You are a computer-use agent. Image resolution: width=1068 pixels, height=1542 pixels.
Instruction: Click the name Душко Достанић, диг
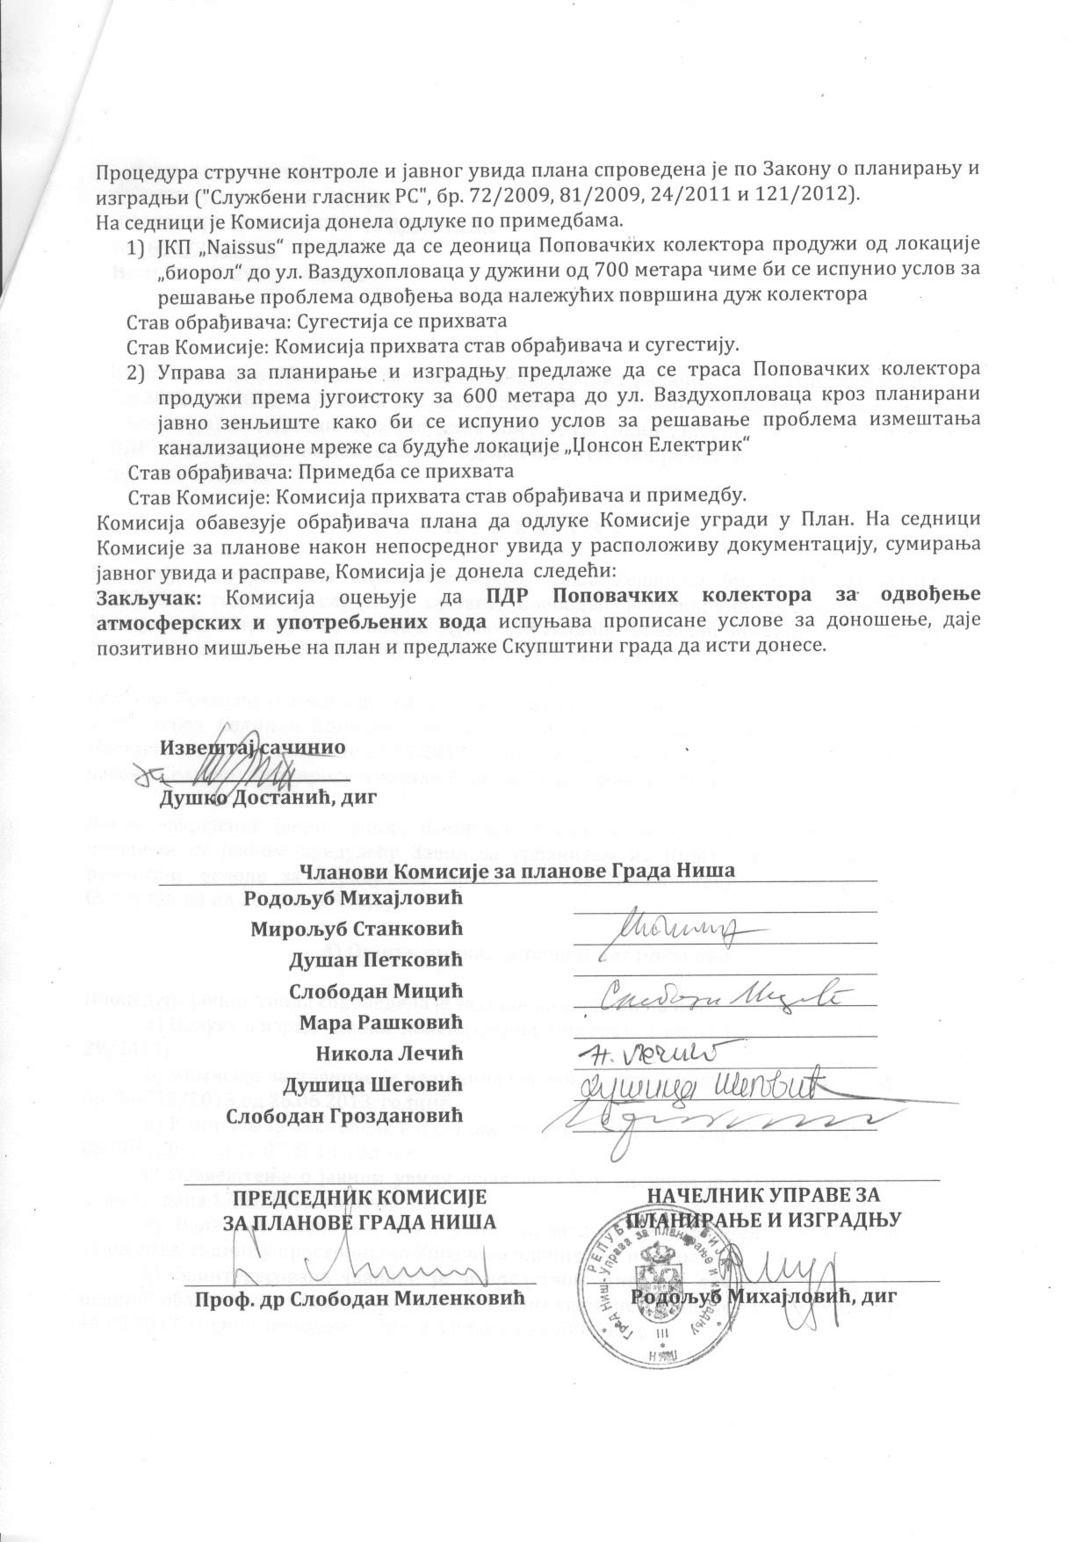click(267, 799)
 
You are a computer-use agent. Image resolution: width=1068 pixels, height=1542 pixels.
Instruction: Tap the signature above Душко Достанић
click(237, 772)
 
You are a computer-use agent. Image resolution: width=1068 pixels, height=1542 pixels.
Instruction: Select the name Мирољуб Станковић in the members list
click(357, 929)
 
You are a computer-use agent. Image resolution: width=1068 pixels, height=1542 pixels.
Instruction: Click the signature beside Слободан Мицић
click(720, 994)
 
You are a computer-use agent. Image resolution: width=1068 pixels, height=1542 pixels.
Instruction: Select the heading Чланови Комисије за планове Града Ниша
click(516, 870)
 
